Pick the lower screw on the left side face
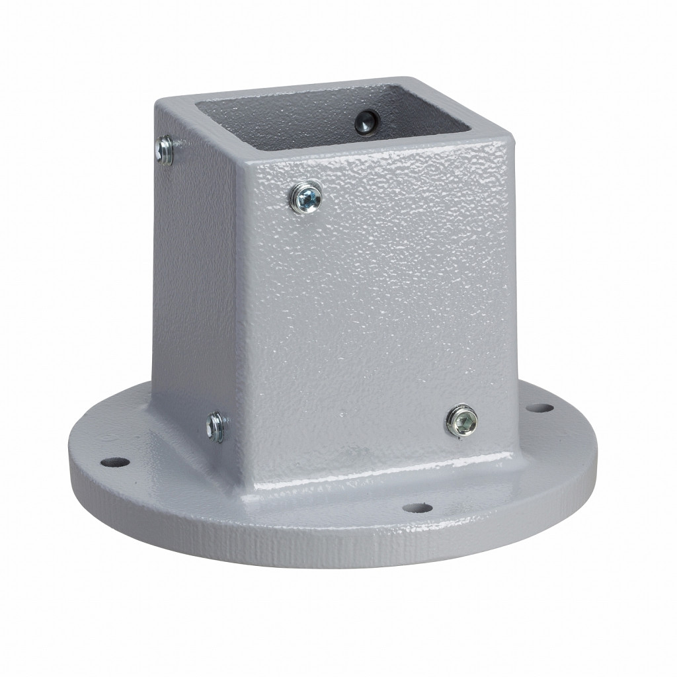click(216, 425)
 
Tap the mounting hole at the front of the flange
click(417, 508)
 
